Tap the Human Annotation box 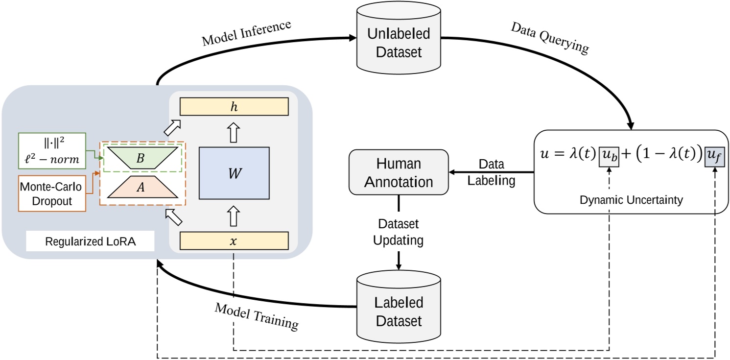[x=399, y=173]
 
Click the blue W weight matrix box [x=234, y=173]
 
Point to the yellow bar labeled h [x=234, y=106]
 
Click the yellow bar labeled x [x=234, y=241]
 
